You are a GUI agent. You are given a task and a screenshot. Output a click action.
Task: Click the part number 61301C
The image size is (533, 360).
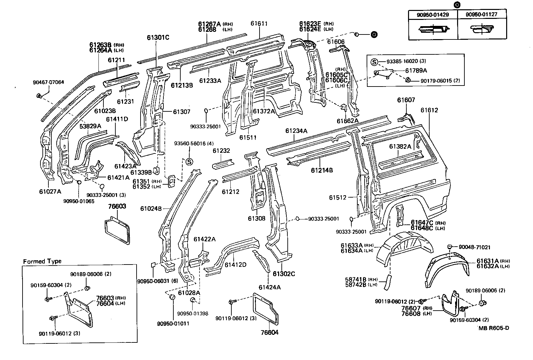pyautogui.click(x=158, y=37)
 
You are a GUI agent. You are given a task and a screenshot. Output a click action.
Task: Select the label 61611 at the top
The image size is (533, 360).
pyautogui.click(x=259, y=24)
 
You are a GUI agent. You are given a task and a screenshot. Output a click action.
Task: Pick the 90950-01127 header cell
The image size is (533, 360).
pyautogui.click(x=482, y=14)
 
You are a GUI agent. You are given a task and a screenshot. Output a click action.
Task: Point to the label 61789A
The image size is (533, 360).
pyautogui.click(x=416, y=70)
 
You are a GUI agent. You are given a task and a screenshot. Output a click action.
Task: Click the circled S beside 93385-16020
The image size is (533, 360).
pyautogui.click(x=374, y=62)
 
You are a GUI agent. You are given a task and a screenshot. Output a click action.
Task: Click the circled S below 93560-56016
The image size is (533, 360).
pyautogui.click(x=189, y=162)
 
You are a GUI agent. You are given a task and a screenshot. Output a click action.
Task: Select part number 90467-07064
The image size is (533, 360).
pyautogui.click(x=48, y=82)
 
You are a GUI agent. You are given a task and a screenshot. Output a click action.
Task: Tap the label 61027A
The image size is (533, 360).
pyautogui.click(x=50, y=191)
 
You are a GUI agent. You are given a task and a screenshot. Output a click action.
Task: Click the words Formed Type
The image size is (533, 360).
pyautogui.click(x=42, y=261)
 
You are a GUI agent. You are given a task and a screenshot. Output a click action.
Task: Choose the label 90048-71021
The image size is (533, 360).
pyautogui.click(x=474, y=247)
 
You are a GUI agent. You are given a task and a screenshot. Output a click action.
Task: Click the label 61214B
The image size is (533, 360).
pyautogui.click(x=322, y=170)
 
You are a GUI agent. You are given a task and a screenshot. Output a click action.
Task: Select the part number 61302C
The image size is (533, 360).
pyautogui.click(x=284, y=274)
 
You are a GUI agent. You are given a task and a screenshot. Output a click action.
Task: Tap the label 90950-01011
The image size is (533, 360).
pyautogui.click(x=173, y=323)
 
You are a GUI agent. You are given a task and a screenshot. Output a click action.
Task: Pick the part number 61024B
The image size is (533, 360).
pyautogui.click(x=151, y=209)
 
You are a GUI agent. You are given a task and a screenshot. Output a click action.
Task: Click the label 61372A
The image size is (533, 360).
pyautogui.click(x=264, y=111)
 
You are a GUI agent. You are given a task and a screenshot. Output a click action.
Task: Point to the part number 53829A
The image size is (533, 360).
pyautogui.click(x=90, y=126)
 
